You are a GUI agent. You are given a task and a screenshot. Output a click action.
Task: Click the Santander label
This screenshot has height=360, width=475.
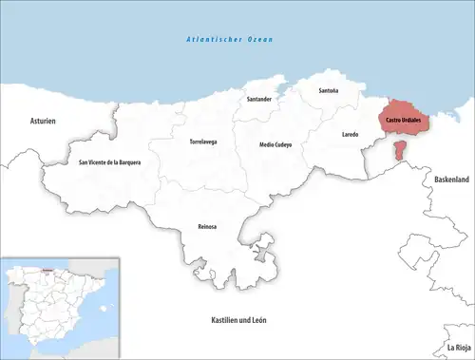259,100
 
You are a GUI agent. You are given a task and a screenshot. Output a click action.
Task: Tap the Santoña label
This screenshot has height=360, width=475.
328,91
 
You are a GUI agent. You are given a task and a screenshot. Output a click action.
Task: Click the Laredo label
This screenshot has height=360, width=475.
351,135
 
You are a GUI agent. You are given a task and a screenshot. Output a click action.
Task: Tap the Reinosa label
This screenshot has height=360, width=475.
204,226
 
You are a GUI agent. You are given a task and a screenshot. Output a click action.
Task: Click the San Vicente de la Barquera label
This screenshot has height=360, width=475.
109,163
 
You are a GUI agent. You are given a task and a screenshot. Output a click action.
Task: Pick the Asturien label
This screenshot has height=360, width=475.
44,122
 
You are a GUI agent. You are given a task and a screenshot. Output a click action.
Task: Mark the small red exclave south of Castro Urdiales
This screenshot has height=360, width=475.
401,151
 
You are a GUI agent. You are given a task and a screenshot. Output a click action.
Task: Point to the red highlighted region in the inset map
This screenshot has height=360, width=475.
47,271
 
